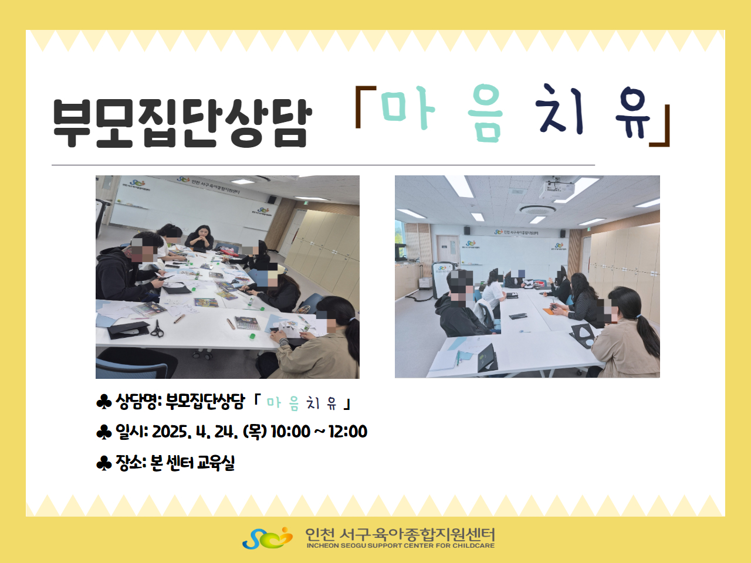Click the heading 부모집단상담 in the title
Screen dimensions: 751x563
point(182,123)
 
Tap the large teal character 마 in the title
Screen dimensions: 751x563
point(408,108)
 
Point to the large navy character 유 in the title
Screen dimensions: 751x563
point(632,113)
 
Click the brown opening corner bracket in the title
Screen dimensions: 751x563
point(365,107)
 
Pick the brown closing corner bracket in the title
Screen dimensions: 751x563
point(660,126)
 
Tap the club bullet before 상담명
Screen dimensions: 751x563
point(104,402)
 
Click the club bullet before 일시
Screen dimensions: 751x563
point(104,432)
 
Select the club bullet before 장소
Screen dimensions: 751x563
point(104,463)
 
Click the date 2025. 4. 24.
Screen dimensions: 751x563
point(194,432)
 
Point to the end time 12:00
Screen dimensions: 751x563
point(347,432)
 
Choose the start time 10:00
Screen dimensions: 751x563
point(290,432)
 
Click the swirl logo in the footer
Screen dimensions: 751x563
point(268,538)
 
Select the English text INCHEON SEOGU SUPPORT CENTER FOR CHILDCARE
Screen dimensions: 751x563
point(400,545)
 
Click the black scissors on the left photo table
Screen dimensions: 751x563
point(157,329)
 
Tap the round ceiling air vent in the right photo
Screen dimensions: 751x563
point(536,209)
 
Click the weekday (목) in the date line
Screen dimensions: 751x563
point(255,432)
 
